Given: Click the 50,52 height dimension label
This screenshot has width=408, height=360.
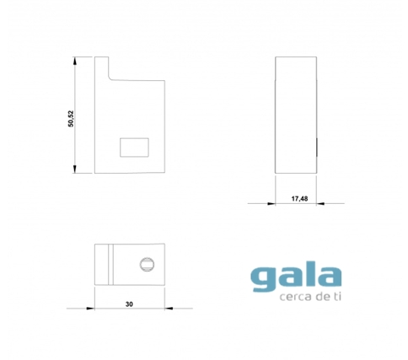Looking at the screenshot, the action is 71,119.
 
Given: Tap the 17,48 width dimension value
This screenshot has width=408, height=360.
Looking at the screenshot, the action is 299,199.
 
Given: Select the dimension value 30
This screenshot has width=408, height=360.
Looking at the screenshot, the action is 129,304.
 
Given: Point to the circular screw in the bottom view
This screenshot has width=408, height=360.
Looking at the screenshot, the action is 147,265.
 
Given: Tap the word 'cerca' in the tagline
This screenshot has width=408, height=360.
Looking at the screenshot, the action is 294,297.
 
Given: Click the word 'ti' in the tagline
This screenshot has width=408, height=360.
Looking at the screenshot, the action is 337,296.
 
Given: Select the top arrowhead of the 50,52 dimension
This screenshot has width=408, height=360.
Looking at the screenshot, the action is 75,61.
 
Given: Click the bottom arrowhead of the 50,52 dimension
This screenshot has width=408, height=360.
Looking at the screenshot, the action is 75,169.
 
